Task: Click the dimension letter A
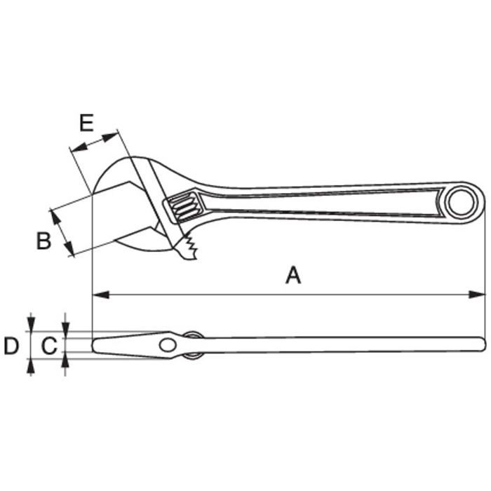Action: tap(293, 275)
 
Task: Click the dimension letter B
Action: tap(43, 241)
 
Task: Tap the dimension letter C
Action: tap(50, 346)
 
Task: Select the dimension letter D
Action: tap(11, 346)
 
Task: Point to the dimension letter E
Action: tap(86, 123)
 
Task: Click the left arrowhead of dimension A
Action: tap(101, 295)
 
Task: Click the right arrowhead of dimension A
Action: tap(477, 295)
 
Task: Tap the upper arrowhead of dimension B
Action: tap(55, 218)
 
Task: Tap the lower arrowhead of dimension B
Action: tap(69, 248)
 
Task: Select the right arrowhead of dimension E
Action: tap(110, 137)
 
